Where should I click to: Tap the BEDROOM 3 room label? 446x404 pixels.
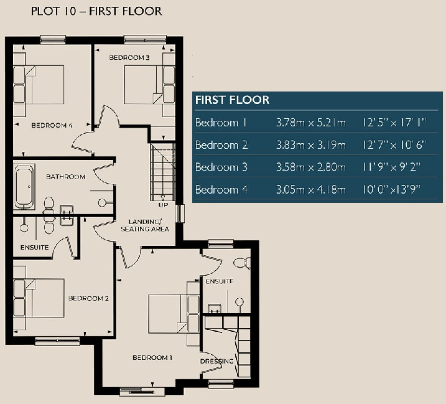tap(129, 58)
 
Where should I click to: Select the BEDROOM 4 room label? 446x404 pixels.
tap(52, 125)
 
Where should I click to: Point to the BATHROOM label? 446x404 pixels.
tap(65, 177)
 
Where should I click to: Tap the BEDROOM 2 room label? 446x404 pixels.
tap(88, 298)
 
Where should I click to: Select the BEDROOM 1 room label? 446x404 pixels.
tap(152, 358)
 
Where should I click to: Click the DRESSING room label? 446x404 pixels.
tap(216, 361)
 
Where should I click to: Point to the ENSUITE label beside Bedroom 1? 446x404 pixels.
tap(219, 281)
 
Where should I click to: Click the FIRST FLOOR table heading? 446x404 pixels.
tap(232, 100)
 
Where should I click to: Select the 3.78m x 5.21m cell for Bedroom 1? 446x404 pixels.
tap(310, 123)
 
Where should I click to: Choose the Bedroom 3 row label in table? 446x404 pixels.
tap(221, 167)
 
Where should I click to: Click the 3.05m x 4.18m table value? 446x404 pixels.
tap(310, 190)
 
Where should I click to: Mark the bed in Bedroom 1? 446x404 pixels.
tap(169, 315)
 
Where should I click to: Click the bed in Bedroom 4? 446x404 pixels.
tap(42, 86)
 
